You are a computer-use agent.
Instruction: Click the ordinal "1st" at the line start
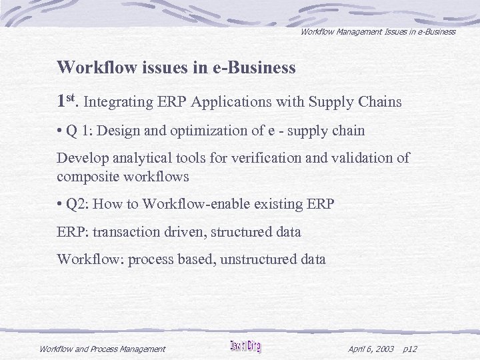tap(67, 101)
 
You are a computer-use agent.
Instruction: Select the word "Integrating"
tap(116, 103)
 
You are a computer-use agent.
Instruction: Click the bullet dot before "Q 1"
tap(60, 131)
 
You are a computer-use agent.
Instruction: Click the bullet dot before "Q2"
tap(60, 204)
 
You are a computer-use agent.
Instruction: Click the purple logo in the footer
tap(245, 347)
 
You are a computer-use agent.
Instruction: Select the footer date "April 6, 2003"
tap(371, 349)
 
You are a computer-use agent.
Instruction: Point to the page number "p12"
tap(411, 349)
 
